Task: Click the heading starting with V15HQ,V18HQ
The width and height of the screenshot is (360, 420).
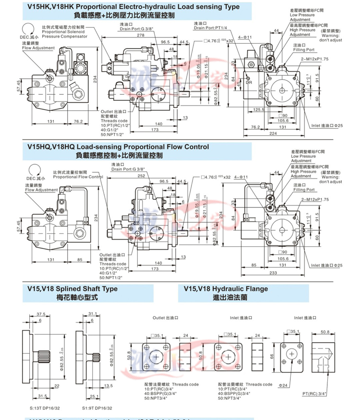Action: [118, 147]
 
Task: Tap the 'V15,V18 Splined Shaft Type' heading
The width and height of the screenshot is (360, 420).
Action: [72, 289]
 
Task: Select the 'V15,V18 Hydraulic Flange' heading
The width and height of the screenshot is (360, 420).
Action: [226, 289]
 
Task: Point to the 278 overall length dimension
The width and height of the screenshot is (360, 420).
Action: [141, 36]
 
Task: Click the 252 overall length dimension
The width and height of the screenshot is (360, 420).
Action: [141, 176]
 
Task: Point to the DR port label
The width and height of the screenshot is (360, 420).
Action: [250, 83]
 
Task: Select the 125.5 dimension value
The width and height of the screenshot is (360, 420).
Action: [259, 109]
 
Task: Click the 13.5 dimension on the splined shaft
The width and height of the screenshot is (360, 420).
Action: [95, 385]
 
